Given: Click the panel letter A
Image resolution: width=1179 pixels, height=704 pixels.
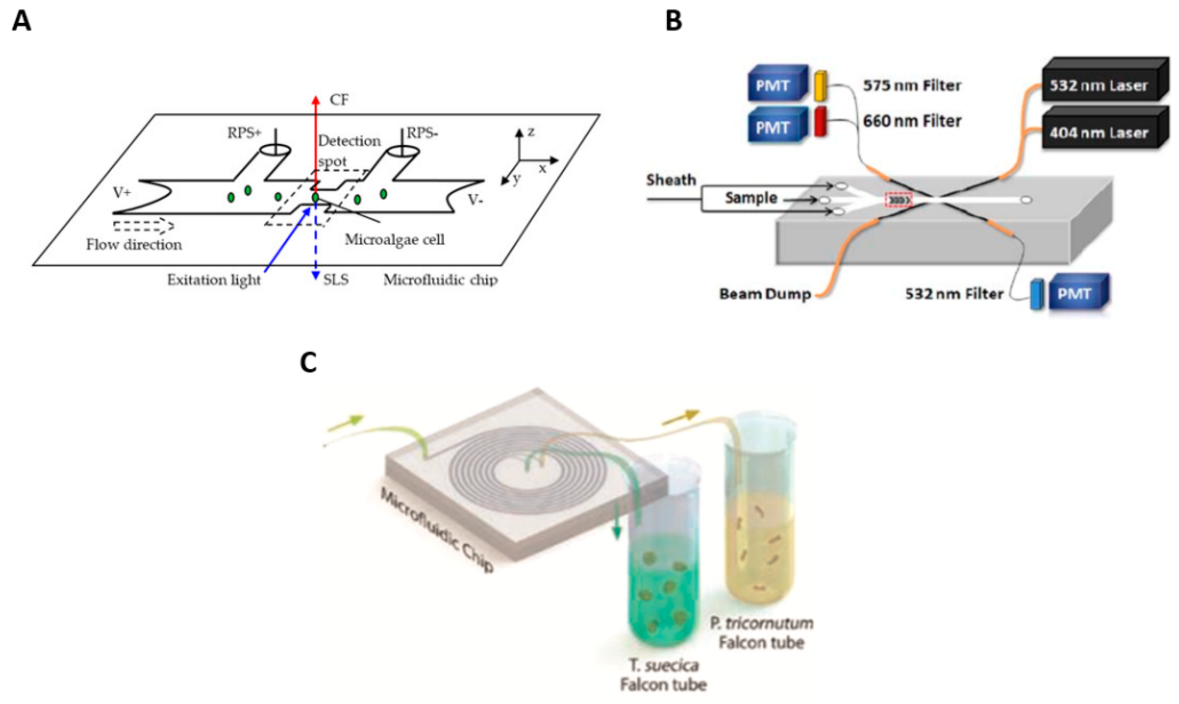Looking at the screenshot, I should click(x=21, y=22).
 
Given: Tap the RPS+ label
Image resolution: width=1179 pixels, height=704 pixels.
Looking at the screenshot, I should click(x=244, y=133).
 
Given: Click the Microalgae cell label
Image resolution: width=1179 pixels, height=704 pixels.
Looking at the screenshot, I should click(x=395, y=240).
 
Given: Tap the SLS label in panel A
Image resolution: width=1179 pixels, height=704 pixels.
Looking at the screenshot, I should click(x=336, y=280).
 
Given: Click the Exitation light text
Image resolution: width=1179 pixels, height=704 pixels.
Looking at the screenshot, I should click(x=214, y=280).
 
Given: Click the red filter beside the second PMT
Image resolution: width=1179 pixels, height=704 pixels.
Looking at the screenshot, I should click(x=821, y=122).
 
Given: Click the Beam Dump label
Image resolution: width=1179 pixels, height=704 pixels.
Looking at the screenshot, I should click(x=764, y=294).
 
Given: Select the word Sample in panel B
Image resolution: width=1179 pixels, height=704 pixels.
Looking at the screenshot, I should click(x=751, y=198).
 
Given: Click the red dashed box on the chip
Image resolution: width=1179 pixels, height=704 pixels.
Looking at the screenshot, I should click(x=898, y=201).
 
